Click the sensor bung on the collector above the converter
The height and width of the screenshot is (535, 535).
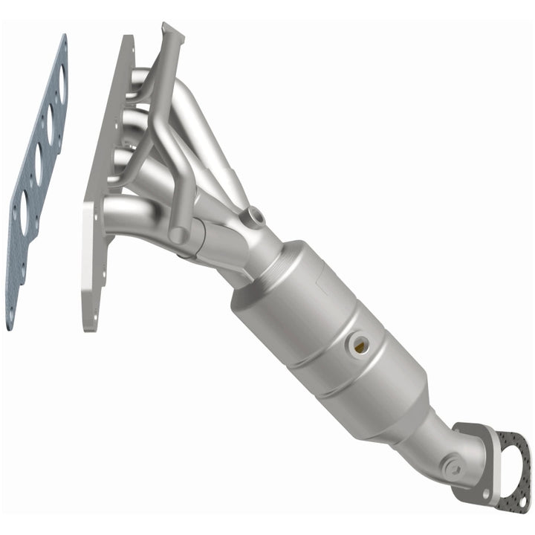click(256, 216)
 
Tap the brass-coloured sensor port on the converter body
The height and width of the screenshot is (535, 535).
click(360, 343)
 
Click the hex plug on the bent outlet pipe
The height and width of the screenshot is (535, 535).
click(450, 467)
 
